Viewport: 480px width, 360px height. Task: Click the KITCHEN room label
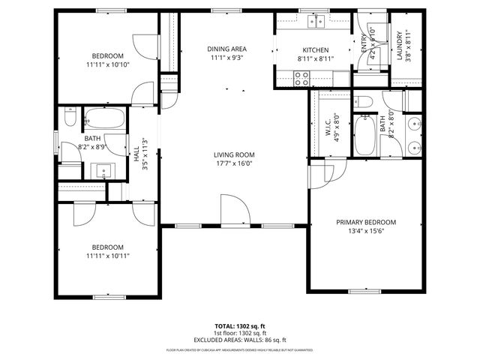tap(311, 49)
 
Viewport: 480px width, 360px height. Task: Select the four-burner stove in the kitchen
tap(302, 75)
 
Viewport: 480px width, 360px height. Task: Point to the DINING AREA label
tap(227, 49)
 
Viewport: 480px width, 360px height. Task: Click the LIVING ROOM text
tap(234, 154)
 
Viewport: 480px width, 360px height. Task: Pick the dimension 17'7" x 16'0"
tap(234, 163)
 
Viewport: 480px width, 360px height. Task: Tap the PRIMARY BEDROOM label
tap(365, 222)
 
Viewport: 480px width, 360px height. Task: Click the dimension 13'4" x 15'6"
tap(365, 232)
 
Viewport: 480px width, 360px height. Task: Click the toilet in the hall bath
tap(70, 117)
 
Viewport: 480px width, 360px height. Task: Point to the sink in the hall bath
tap(100, 171)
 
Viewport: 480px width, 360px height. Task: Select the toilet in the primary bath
tap(361, 101)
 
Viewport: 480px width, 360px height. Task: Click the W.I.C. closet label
tap(328, 128)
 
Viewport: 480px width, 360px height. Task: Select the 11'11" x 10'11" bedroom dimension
tap(107, 256)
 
